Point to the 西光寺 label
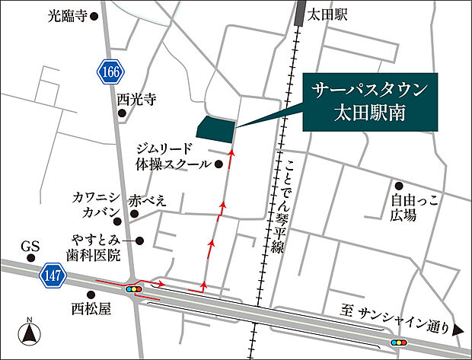coord(136,99)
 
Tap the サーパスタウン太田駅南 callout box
coord(370,104)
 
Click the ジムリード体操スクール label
coord(173,155)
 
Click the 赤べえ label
coord(148,201)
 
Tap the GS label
coord(30,247)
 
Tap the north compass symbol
coord(29,332)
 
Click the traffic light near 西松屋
coord(136,289)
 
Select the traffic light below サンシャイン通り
coord(398,343)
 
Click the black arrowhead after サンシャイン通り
coord(458,330)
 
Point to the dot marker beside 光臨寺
coord(94,14)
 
